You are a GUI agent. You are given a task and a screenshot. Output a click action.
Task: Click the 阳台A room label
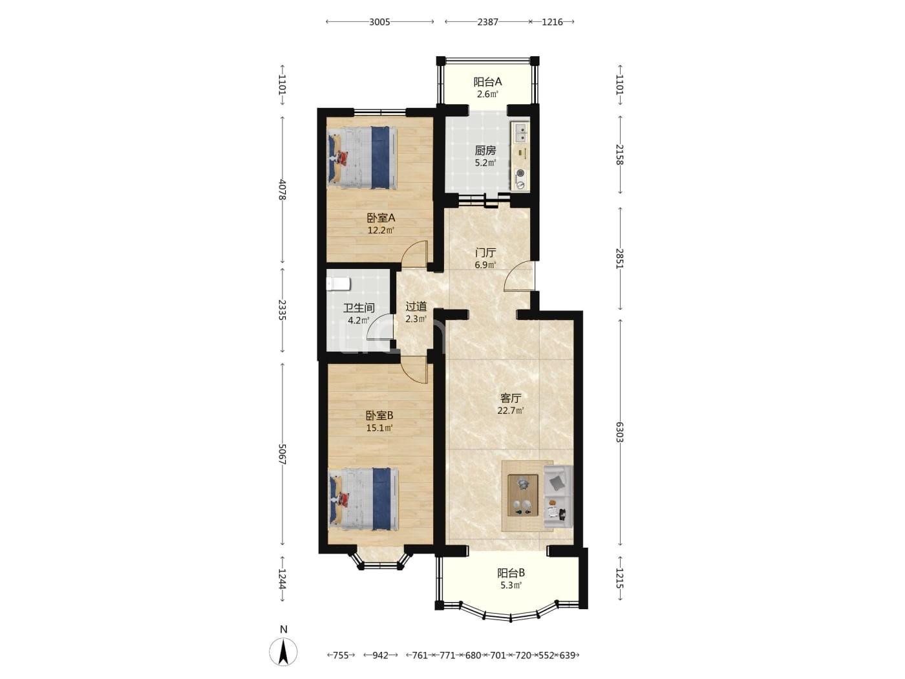[x=487, y=81]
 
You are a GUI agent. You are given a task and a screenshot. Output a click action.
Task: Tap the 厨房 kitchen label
[x=485, y=151]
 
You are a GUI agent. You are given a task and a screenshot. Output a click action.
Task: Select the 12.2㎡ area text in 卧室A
[x=381, y=230]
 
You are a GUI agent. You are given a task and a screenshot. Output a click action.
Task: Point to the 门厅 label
[x=485, y=252]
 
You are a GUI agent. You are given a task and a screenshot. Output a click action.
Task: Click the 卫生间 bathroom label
[x=359, y=308]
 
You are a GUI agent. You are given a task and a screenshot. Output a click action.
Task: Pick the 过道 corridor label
[x=416, y=307]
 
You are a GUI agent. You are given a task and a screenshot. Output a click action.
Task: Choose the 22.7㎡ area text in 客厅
[x=511, y=410]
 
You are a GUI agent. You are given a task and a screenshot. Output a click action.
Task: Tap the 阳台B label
[x=511, y=573]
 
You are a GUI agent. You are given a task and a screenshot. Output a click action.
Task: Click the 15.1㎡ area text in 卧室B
[x=379, y=428]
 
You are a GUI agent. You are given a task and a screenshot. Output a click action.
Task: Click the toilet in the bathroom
[x=339, y=284]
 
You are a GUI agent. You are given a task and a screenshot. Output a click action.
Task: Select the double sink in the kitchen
[x=520, y=132]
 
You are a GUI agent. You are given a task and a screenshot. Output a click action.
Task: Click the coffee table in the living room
[x=523, y=495]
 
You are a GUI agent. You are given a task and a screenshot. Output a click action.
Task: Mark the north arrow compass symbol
[x=283, y=652]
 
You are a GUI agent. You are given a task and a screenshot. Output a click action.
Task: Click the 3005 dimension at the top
[x=379, y=22]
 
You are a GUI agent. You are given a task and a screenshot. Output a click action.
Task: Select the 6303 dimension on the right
[x=619, y=432]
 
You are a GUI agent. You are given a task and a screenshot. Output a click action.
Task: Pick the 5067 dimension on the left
[x=282, y=454]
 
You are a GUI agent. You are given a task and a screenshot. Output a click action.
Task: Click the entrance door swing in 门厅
[x=518, y=276]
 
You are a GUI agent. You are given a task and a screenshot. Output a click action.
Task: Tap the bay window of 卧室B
[x=380, y=559]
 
